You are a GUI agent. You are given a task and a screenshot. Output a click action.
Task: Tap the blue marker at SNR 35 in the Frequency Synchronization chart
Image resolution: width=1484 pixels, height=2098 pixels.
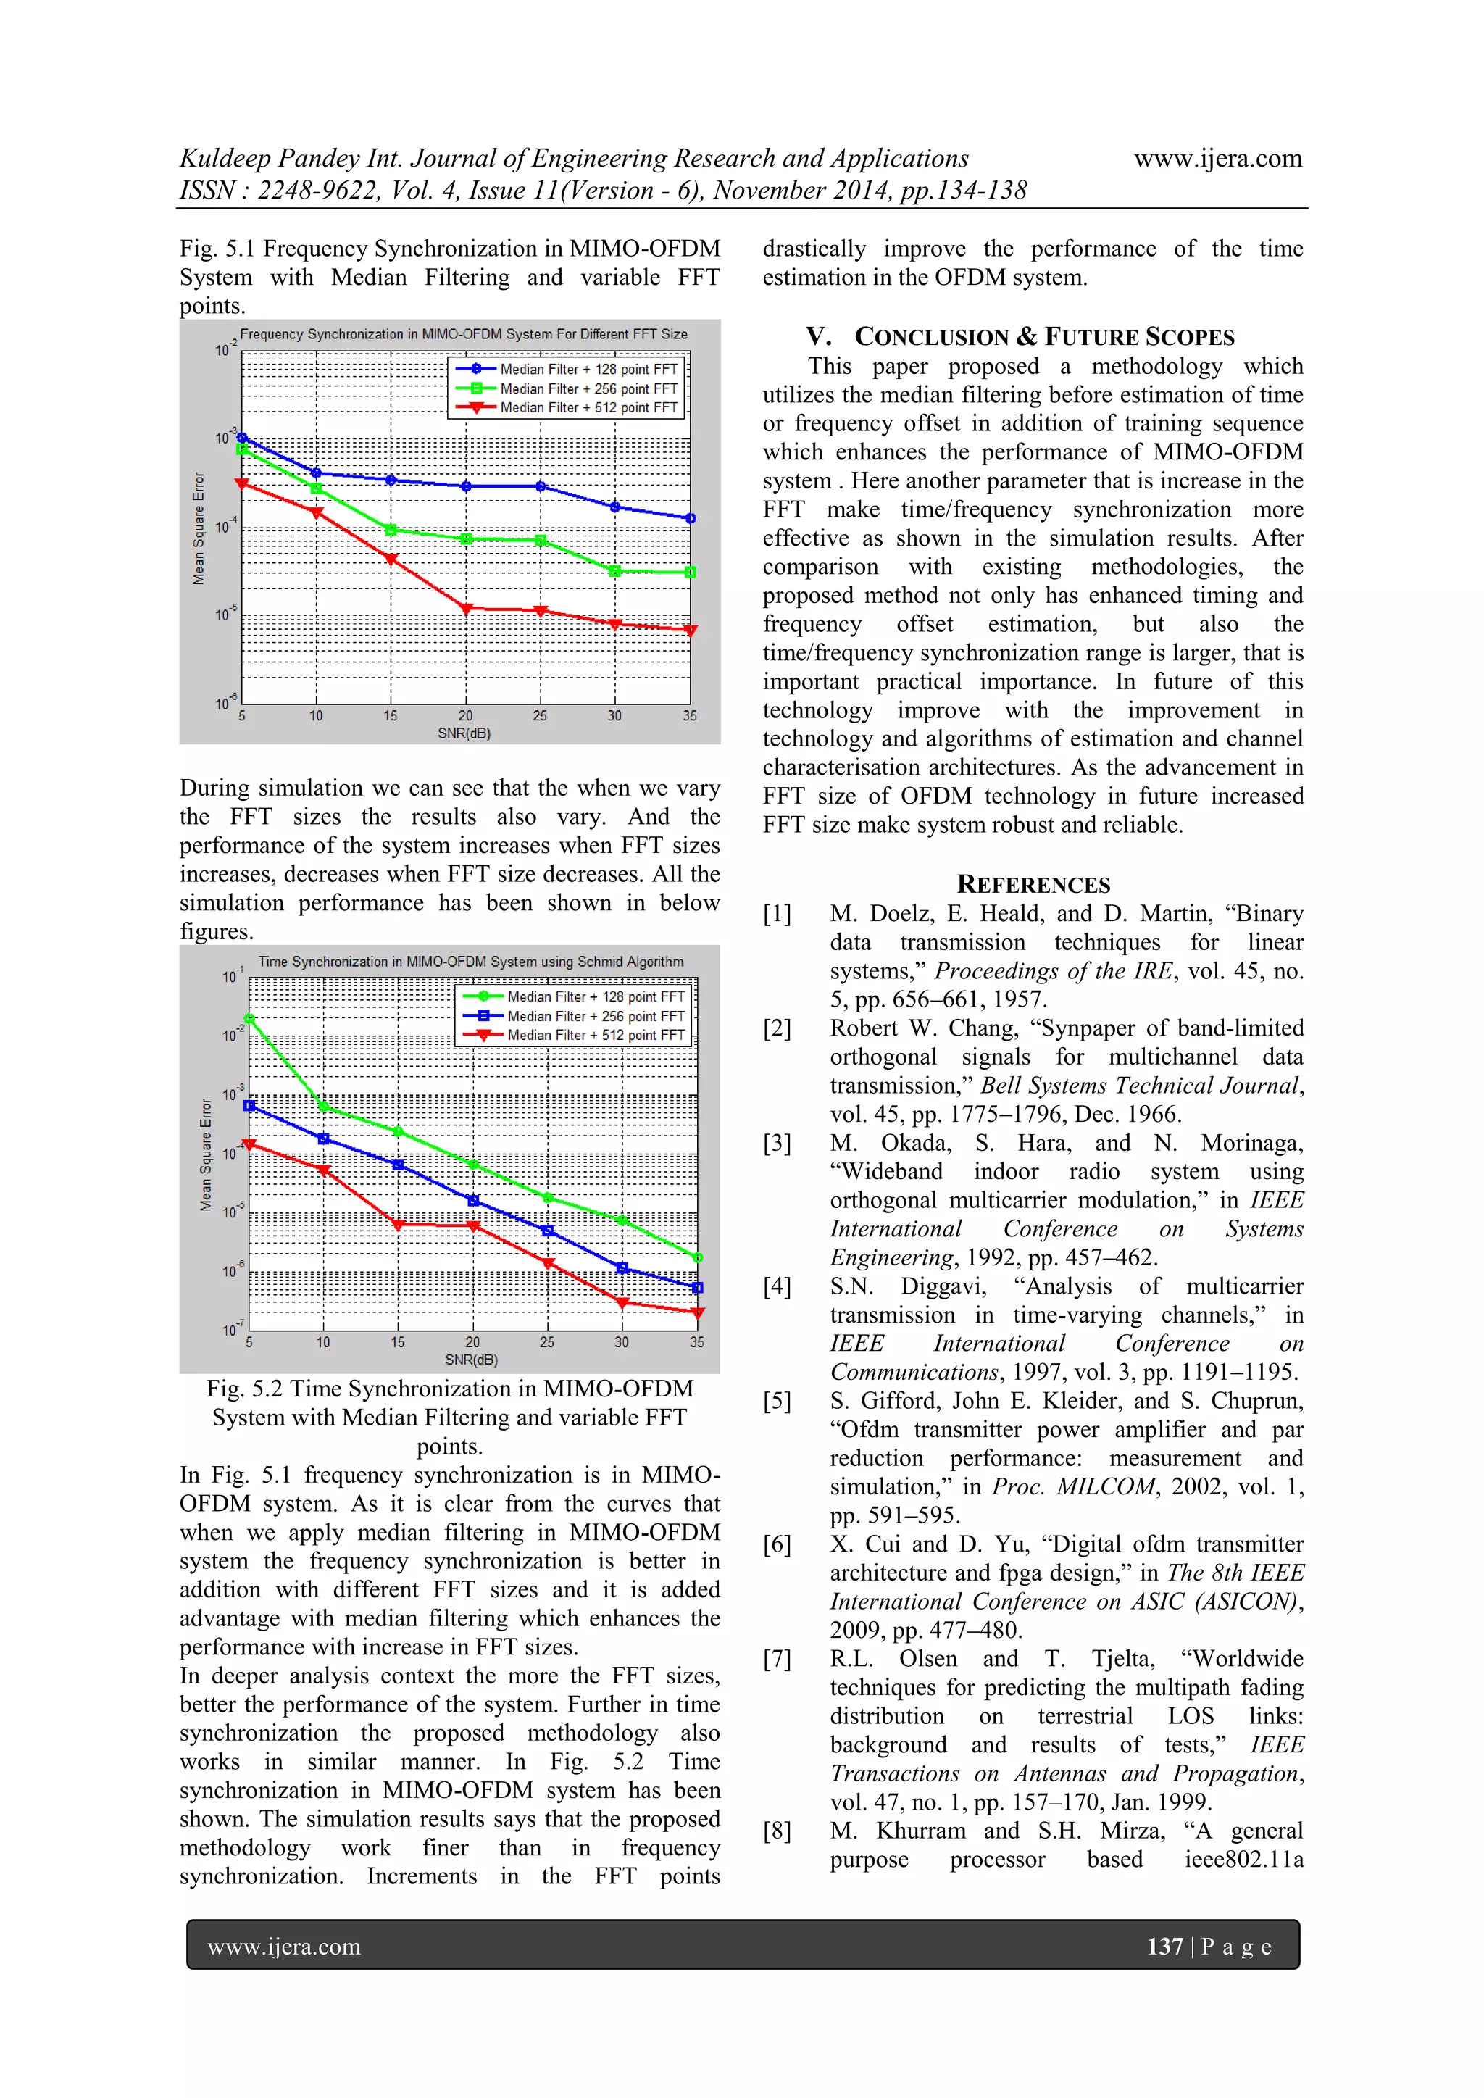click(690, 518)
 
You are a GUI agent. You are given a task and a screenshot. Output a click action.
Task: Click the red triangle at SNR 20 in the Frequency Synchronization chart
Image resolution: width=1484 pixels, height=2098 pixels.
click(466, 609)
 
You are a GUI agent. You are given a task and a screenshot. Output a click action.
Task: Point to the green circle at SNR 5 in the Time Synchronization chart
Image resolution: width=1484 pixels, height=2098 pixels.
click(249, 1018)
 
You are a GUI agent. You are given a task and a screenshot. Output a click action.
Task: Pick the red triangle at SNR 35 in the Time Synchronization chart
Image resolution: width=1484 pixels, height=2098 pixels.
click(697, 1313)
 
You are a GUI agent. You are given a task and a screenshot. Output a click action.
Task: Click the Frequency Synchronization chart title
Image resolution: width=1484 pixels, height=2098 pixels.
click(463, 334)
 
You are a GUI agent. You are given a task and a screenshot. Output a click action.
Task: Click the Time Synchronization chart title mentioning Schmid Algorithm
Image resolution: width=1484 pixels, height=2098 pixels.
click(470, 962)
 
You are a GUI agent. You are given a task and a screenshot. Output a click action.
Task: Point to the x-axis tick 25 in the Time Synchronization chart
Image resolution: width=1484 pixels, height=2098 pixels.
click(546, 1342)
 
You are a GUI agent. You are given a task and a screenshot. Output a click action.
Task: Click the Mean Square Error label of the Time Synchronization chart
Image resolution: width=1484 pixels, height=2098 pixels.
click(206, 1155)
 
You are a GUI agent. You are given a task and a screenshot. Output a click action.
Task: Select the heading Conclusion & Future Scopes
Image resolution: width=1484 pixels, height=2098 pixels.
click(1019, 337)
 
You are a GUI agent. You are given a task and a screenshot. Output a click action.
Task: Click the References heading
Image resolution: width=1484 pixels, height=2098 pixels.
click(1033, 885)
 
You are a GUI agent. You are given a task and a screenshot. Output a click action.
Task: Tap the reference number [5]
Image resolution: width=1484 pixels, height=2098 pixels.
click(777, 1401)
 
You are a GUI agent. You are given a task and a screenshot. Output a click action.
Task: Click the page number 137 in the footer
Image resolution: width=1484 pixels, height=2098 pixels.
click(1164, 1947)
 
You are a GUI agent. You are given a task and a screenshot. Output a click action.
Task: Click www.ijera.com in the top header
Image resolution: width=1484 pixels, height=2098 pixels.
click(1217, 159)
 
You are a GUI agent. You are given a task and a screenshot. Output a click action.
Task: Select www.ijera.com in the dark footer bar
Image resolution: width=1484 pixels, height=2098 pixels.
click(284, 1947)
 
